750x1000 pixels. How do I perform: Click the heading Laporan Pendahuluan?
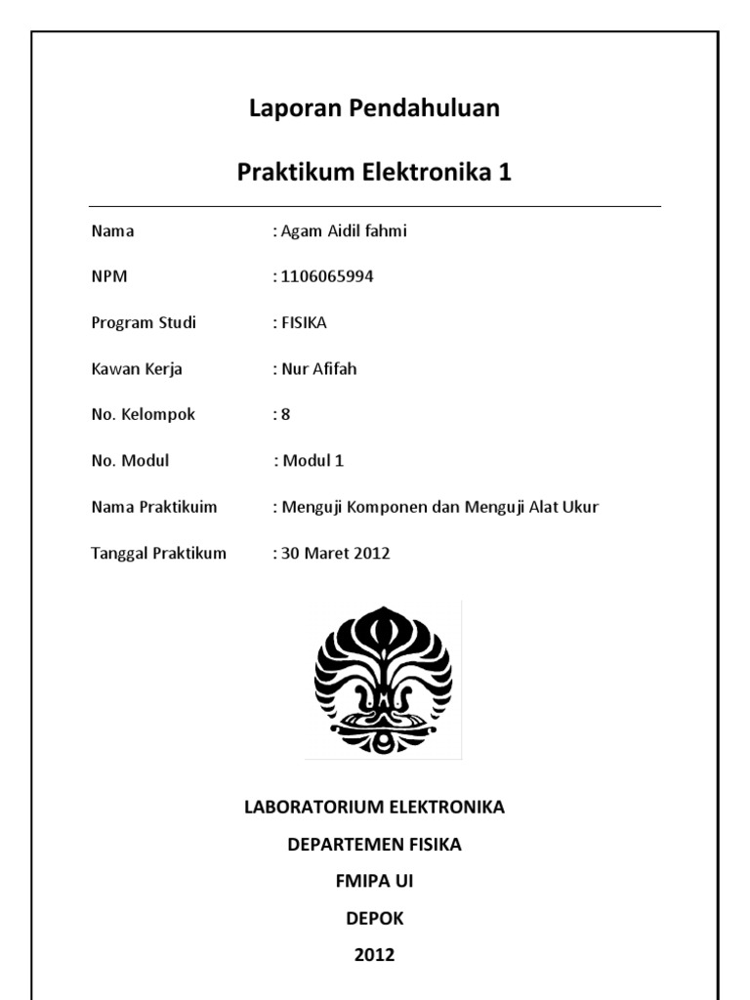point(374,108)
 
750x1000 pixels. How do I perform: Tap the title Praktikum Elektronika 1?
point(374,173)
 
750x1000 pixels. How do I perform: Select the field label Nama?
point(112,231)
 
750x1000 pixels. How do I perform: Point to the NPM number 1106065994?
point(326,276)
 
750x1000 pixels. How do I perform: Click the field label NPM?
point(109,276)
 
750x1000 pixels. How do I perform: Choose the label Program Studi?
point(144,322)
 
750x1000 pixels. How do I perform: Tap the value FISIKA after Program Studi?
point(304,322)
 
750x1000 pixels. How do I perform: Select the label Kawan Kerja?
point(137,369)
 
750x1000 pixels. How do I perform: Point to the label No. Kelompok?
point(143,414)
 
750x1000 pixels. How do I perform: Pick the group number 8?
point(285,414)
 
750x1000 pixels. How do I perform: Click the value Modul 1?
point(312,461)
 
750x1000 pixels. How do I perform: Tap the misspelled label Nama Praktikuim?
point(153,507)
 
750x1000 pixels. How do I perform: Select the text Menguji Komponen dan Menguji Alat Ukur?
point(439,507)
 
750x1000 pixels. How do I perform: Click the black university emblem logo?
point(383,679)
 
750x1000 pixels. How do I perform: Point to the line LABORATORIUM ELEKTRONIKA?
point(374,808)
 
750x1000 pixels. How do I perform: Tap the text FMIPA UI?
point(374,882)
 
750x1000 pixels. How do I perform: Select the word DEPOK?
point(374,919)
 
